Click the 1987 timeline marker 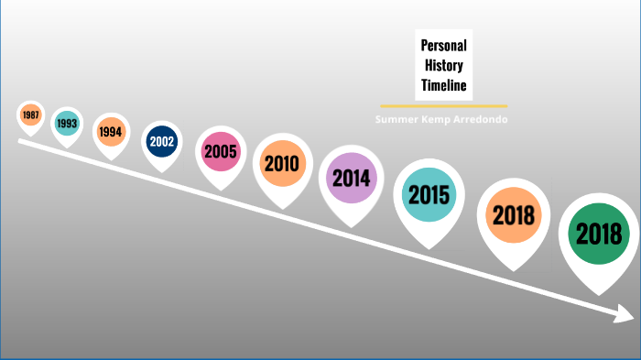coord(31,115)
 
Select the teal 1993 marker coord(66,123)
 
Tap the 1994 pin coord(111,132)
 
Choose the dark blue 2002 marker coord(161,142)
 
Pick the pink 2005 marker coord(221,151)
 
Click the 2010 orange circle coord(282,163)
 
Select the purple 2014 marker coord(350,178)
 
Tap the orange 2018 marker coord(513,215)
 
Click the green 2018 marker coord(599,234)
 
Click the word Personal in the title coord(444,45)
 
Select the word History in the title coord(444,65)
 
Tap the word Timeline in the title coord(444,85)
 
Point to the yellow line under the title coord(443,105)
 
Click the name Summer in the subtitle coord(397,120)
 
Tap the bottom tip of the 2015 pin coord(428,247)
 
